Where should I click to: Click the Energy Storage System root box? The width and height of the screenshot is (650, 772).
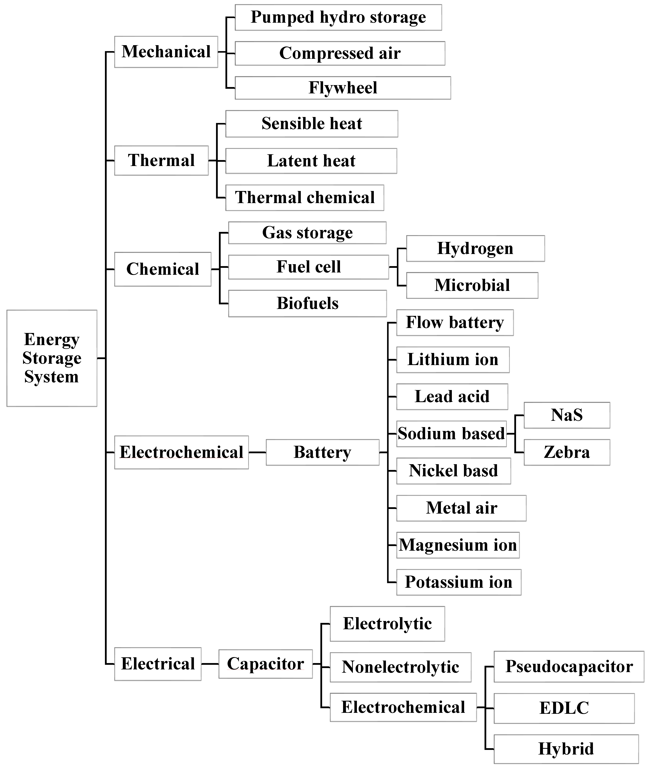click(52, 358)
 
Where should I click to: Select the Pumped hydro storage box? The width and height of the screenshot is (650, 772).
click(338, 17)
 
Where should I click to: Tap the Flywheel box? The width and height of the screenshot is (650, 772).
click(343, 88)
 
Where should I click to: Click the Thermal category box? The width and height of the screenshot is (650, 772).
click(161, 161)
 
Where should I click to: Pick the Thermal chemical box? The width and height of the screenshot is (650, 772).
click(305, 198)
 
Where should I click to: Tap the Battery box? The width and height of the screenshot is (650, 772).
click(323, 452)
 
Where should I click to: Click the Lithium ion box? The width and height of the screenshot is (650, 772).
click(453, 359)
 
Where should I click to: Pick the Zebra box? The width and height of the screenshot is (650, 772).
click(567, 452)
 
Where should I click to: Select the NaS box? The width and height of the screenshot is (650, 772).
click(567, 415)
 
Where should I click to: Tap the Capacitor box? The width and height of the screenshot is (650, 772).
click(265, 664)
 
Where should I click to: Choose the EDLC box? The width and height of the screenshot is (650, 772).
click(564, 708)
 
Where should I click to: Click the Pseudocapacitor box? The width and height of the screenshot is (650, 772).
click(569, 667)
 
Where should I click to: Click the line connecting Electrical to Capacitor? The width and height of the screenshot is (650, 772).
click(210, 664)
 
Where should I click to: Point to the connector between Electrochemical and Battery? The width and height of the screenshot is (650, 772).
click(257, 452)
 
